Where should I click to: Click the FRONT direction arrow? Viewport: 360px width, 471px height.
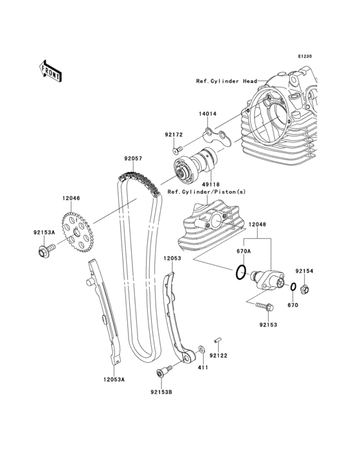(x=50, y=71)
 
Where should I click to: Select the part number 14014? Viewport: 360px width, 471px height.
(x=207, y=114)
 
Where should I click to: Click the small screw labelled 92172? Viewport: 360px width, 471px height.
(x=178, y=149)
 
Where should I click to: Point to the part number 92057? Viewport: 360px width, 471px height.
(x=133, y=158)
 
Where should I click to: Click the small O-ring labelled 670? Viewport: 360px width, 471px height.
(x=293, y=287)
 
